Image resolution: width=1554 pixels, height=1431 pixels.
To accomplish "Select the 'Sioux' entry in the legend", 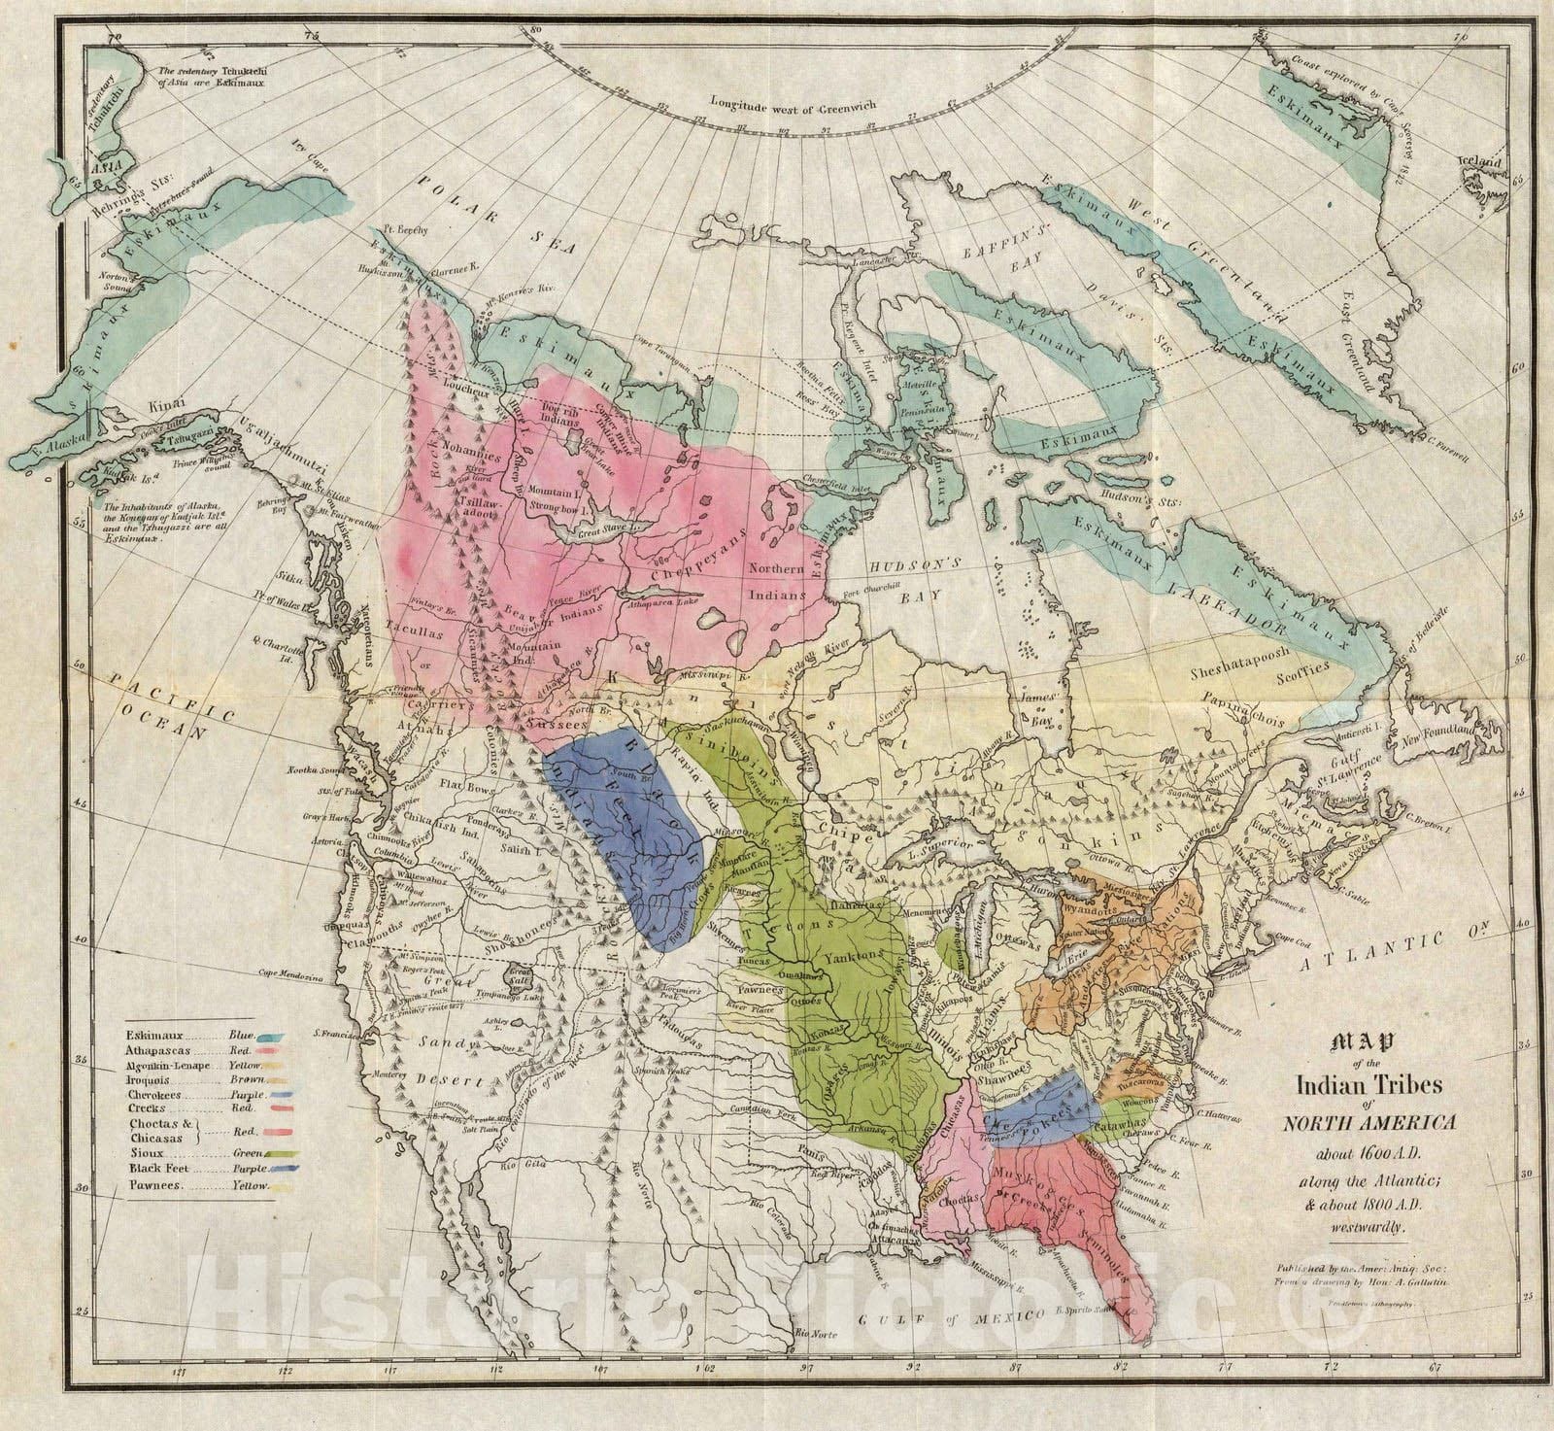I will pyautogui.click(x=147, y=1152).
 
